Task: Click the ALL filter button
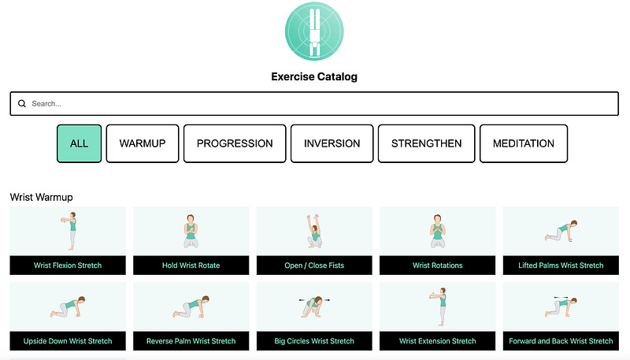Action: click(80, 143)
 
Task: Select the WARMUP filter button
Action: click(143, 143)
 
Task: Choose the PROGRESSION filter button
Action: click(235, 143)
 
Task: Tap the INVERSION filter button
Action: click(332, 143)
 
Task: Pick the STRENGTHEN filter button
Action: click(426, 143)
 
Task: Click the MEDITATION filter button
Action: click(524, 143)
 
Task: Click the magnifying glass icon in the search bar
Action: click(22, 104)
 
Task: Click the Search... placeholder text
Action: click(46, 104)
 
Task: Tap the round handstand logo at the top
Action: click(314, 32)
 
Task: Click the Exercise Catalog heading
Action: click(314, 76)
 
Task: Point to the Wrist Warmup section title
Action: click(42, 197)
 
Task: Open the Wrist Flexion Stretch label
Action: click(68, 265)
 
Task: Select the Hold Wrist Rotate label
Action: click(191, 265)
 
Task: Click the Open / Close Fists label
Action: click(314, 265)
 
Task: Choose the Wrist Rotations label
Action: click(438, 265)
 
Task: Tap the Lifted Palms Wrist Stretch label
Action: click(561, 265)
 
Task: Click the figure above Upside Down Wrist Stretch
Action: click(68, 307)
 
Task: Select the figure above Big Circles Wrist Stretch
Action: click(314, 307)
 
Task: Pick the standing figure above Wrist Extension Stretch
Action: click(439, 306)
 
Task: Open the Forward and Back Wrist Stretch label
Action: click(561, 341)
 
